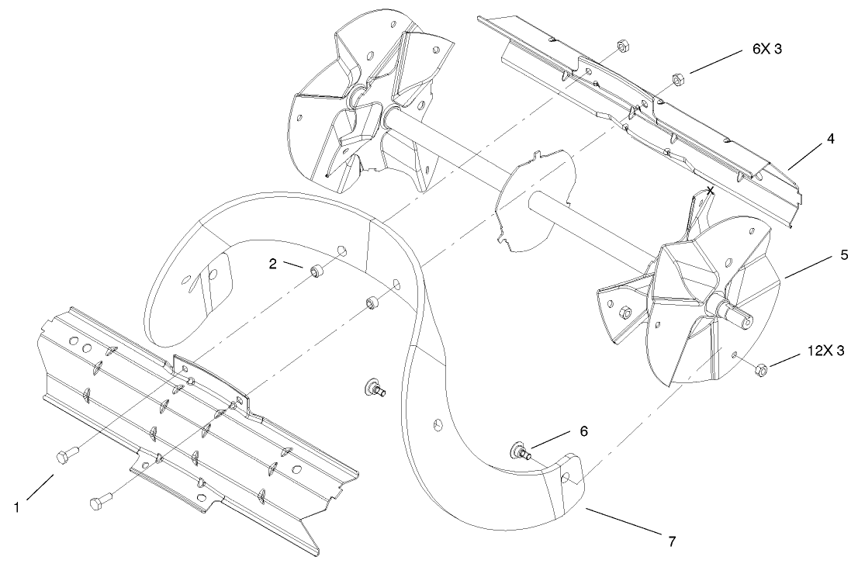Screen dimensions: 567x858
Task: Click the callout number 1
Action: (16, 507)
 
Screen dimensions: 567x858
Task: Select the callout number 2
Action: (273, 263)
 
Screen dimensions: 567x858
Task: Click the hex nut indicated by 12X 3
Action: (761, 371)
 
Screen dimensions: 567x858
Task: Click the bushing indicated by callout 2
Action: (316, 272)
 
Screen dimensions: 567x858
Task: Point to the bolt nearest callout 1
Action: (63, 456)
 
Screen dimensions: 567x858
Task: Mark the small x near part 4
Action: (711, 190)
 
